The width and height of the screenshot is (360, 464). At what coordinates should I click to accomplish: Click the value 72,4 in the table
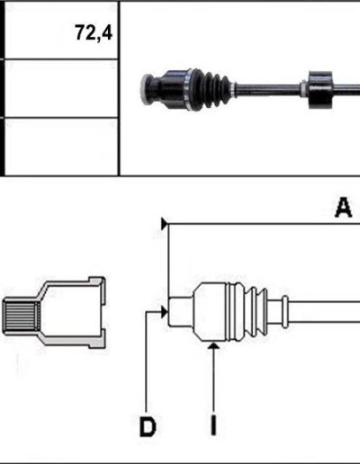click(x=94, y=32)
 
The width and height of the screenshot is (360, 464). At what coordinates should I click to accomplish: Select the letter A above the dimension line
click(x=344, y=207)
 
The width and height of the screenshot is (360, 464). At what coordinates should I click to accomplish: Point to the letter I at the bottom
click(x=213, y=425)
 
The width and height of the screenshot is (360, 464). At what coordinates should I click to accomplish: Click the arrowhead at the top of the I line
click(x=213, y=346)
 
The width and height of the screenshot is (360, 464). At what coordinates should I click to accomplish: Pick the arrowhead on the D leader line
click(x=164, y=312)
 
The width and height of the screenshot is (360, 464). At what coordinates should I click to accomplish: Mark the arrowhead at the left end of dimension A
click(x=165, y=224)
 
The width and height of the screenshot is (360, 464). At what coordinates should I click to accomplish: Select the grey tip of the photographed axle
click(x=147, y=89)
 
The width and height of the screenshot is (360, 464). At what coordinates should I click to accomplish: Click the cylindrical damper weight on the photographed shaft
click(x=320, y=90)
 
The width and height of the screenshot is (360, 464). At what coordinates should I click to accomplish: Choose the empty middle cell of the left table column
click(x=61, y=88)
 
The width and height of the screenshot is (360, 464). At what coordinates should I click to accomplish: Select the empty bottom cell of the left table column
click(x=61, y=146)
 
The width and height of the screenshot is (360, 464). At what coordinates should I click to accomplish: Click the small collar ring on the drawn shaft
click(x=285, y=312)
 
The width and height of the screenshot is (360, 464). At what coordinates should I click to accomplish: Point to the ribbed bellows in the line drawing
click(x=247, y=312)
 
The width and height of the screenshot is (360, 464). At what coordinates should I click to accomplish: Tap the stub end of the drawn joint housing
click(x=180, y=312)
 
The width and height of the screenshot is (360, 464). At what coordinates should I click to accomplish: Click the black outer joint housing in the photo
click(x=173, y=89)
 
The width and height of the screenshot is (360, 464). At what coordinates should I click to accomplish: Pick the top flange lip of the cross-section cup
click(x=96, y=281)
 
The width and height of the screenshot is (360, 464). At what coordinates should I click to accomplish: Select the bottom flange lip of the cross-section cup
click(x=96, y=342)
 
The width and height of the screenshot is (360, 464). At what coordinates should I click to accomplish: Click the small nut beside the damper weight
click(x=303, y=89)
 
